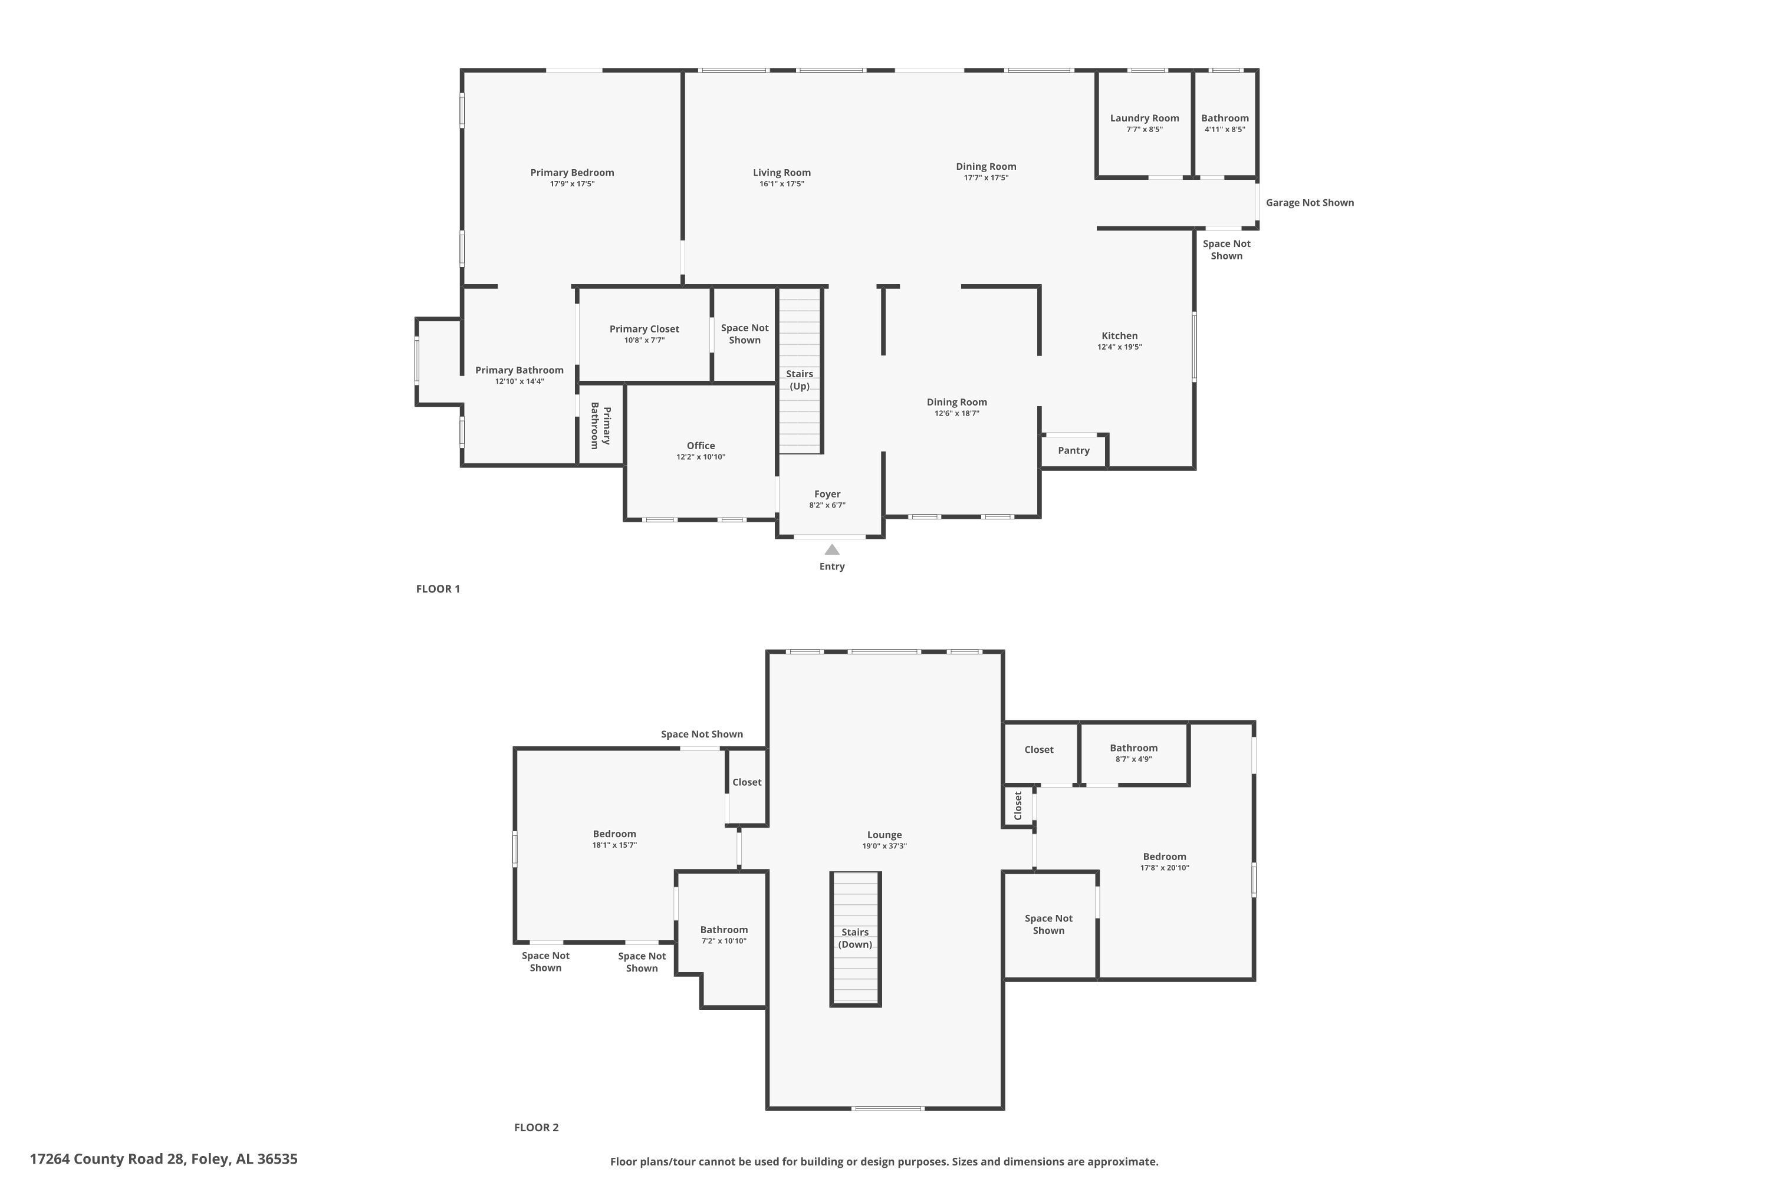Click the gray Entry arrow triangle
coord(832,549)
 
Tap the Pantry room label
coord(1073,450)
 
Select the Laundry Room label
coord(1144,118)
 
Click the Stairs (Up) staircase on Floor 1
coord(800,371)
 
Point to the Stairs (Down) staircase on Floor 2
coord(855,938)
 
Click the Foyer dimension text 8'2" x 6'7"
coord(827,505)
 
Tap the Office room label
coord(701,446)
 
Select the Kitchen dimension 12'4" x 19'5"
coord(1119,347)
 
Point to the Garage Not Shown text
coord(1310,203)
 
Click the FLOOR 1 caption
coord(438,589)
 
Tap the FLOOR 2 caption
coord(536,1127)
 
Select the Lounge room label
coord(884,835)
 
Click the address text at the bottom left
coord(164,1159)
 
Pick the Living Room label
coord(781,173)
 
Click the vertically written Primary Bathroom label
coord(600,426)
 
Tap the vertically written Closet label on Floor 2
coord(1018,805)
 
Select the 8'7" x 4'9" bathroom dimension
coord(1133,759)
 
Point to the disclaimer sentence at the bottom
coord(884,1162)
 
